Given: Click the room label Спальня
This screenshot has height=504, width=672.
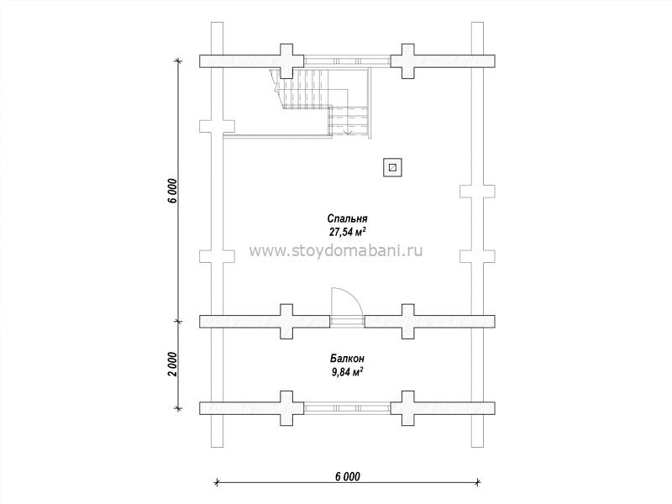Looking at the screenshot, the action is click(347, 218).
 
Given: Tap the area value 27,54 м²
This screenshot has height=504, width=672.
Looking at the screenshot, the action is click(347, 232).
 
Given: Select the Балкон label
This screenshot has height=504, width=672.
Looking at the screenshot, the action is click(347, 359).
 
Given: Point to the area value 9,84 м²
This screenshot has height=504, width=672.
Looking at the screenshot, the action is click(347, 371).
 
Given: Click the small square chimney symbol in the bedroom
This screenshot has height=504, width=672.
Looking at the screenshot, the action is click(392, 167).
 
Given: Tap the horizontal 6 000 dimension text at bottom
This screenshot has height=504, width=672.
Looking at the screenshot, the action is click(347, 476).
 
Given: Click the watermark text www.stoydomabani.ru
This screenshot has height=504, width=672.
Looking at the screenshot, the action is click(335, 250).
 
